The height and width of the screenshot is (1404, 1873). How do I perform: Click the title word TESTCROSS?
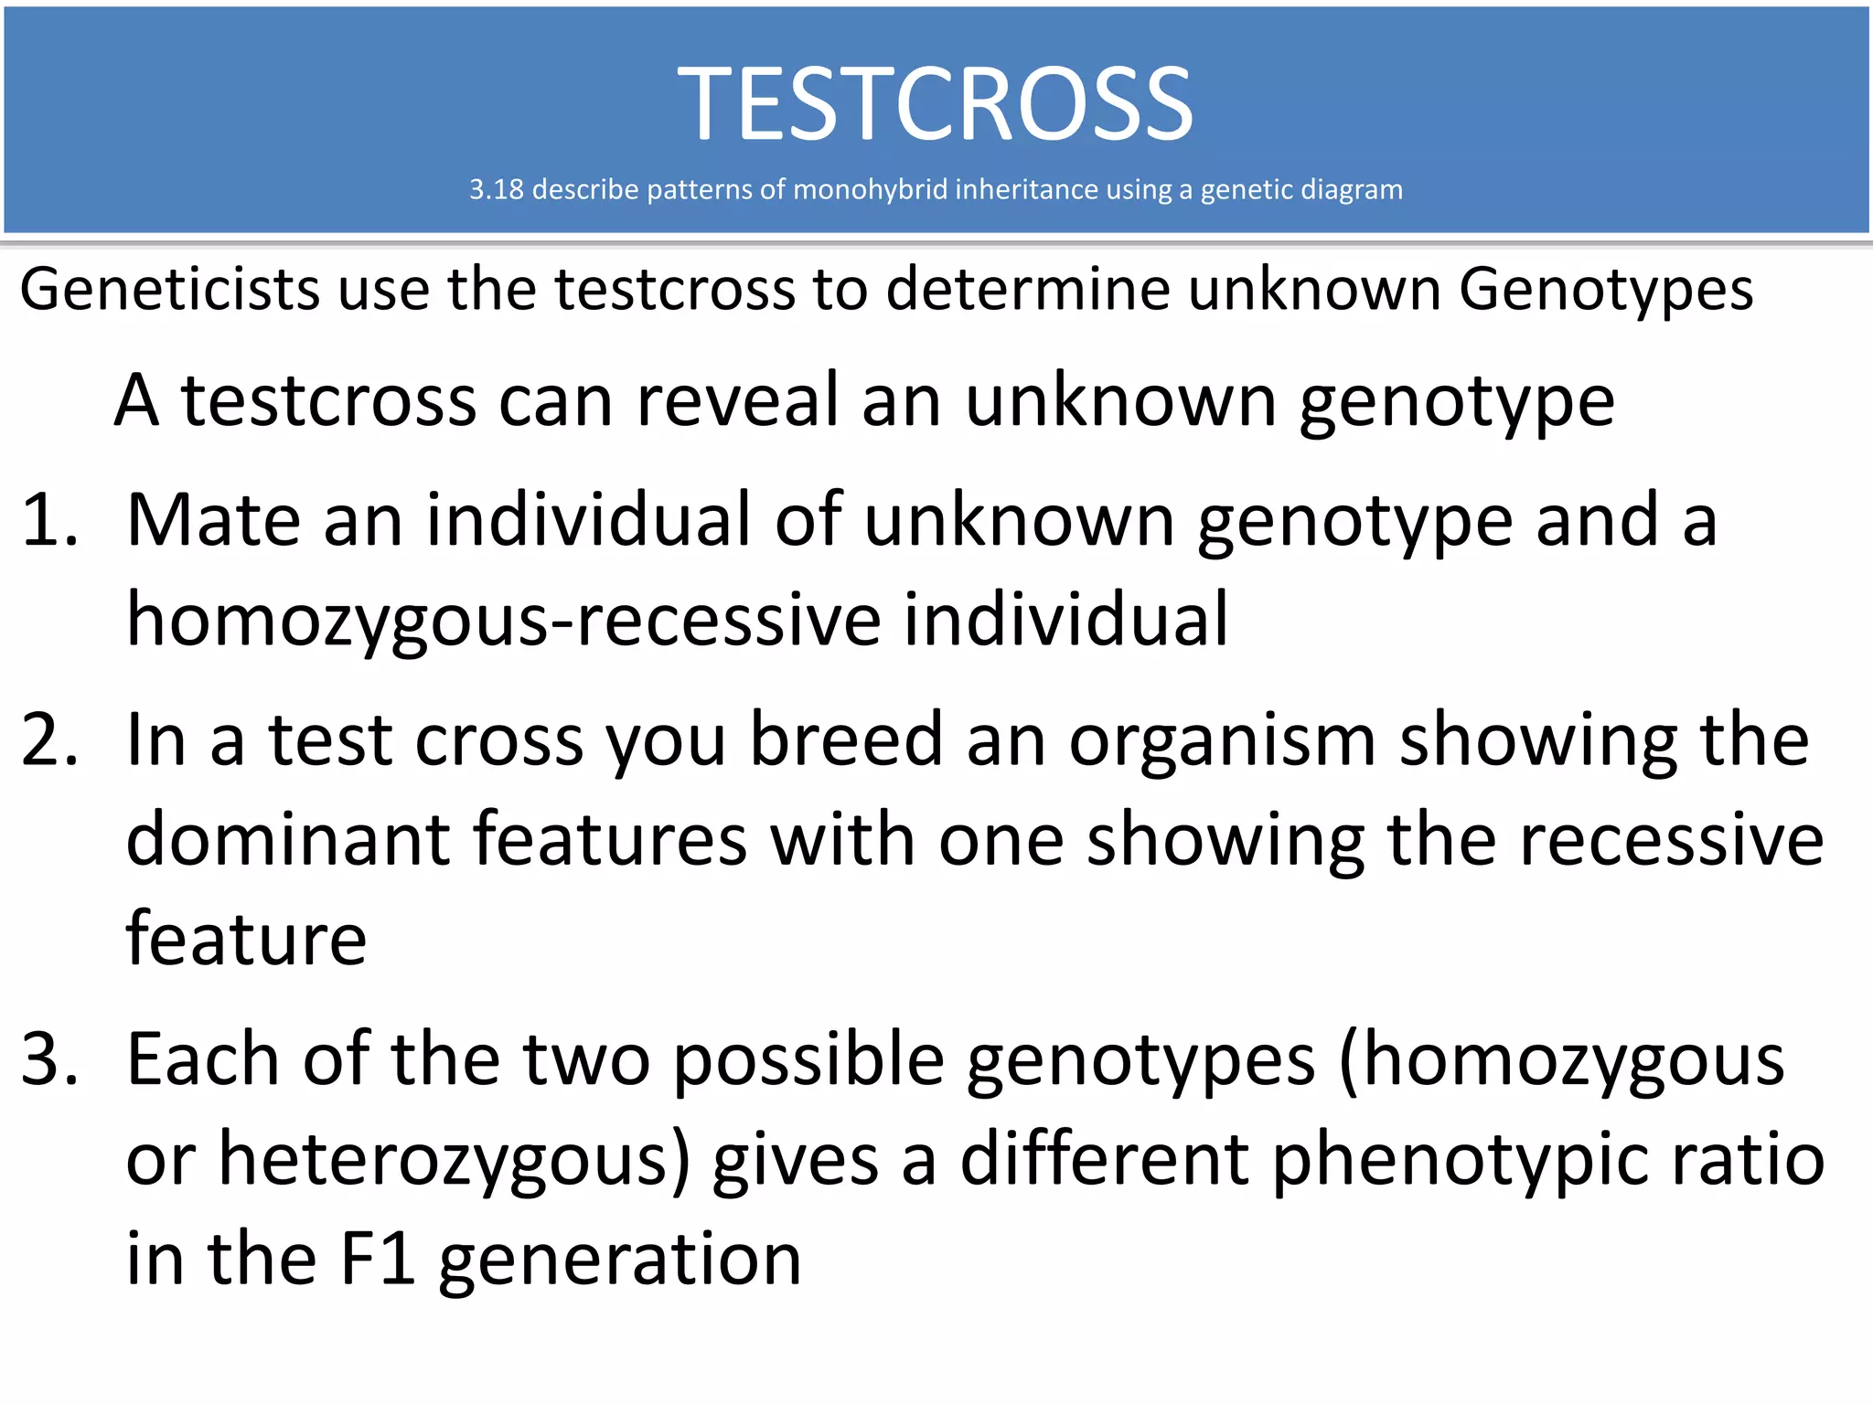click(x=935, y=104)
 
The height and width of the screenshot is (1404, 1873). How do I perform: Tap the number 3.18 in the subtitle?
click(x=496, y=189)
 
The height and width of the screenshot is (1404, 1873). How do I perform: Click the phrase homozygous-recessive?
click(x=504, y=620)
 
